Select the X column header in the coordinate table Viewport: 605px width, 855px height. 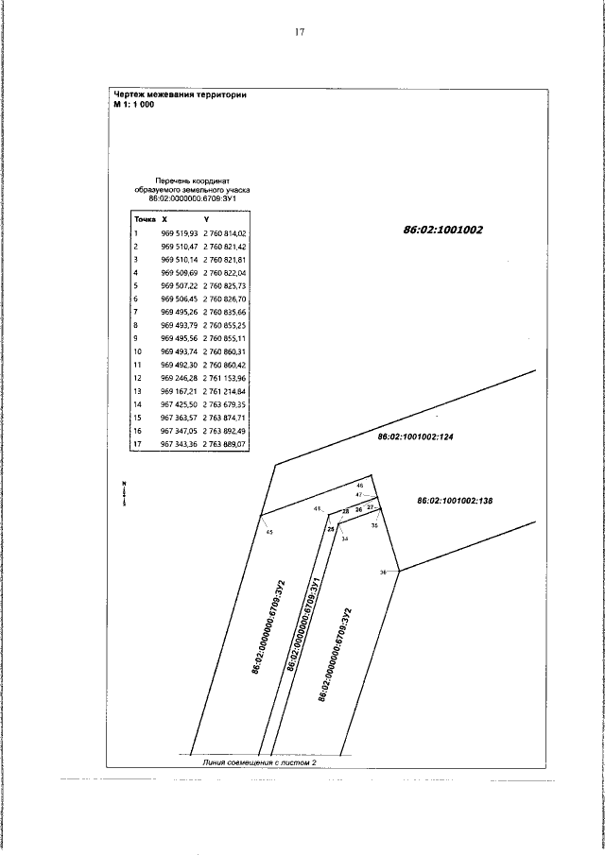[x=164, y=218]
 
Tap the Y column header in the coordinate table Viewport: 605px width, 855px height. [x=206, y=218]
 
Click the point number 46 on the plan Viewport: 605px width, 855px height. [x=359, y=486]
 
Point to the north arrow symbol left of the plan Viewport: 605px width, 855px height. [x=123, y=493]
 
